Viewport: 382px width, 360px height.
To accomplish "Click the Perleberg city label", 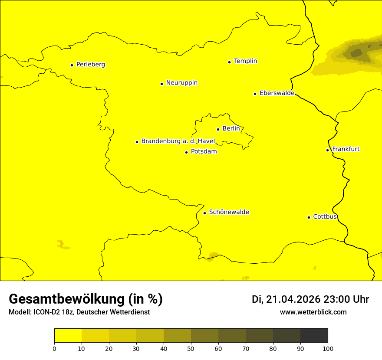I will (90, 65).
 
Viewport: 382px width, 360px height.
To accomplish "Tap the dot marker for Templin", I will (229, 62).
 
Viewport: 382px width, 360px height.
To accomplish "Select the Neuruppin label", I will (181, 83).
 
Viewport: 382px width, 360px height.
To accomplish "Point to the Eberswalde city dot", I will (255, 94).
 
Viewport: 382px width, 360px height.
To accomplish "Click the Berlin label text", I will (231, 129).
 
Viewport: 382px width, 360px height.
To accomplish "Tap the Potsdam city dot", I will (186, 152).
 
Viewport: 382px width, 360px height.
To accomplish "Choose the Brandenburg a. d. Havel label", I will (178, 141).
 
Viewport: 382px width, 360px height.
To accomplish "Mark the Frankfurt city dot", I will (327, 150).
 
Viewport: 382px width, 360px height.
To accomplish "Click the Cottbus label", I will (325, 216).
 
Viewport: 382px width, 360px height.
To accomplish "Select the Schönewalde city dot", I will (204, 213).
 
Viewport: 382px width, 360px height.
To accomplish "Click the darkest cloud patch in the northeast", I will (356, 53).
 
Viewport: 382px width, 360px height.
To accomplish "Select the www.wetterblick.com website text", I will (313, 312).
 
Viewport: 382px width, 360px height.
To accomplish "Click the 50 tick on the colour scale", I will (191, 348).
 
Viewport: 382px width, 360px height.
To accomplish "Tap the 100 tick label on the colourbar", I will (328, 348).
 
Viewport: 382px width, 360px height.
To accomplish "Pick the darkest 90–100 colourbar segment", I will (314, 336).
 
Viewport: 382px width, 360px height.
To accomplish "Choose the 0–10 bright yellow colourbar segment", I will (68, 336).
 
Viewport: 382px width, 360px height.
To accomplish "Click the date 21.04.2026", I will (293, 299).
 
